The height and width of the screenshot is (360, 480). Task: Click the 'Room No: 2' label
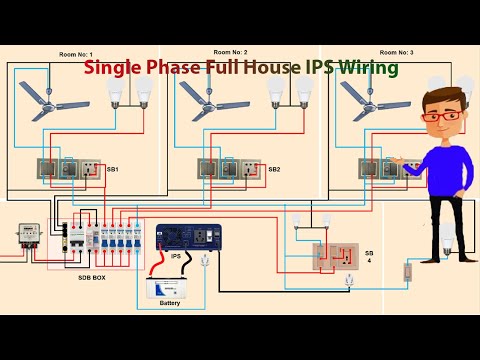[x=231, y=51]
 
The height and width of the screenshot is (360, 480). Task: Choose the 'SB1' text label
[x=112, y=170]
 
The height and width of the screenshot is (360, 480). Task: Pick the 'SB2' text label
[x=274, y=170]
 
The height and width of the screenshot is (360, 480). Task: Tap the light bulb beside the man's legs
[x=447, y=237]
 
